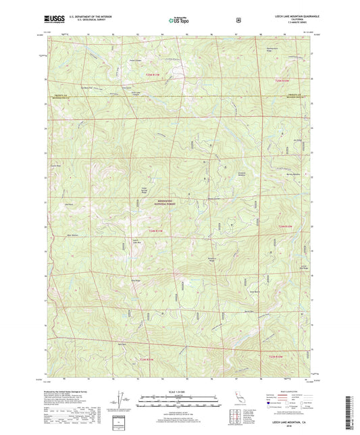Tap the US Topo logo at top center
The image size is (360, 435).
tap(179, 21)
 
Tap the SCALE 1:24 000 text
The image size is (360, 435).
tap(179, 392)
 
